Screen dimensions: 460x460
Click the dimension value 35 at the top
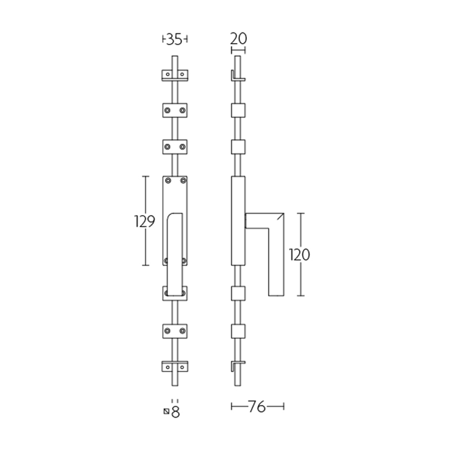coord(175,39)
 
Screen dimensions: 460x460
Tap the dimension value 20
coord(237,39)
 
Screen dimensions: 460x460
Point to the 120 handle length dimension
coord(299,254)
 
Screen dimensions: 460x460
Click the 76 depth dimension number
coord(257,407)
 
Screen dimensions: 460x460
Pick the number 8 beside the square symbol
coord(176,412)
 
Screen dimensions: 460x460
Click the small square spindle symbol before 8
coord(166,411)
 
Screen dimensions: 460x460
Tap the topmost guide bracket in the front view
coord(175,74)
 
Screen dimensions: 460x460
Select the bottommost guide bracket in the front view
coord(175,370)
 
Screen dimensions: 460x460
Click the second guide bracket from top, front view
coord(175,110)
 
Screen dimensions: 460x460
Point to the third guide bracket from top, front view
coord(175,147)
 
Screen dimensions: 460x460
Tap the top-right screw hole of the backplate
coord(183,181)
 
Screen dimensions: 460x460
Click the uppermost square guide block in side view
coord(237,110)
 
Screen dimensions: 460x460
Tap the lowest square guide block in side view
coord(237,331)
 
